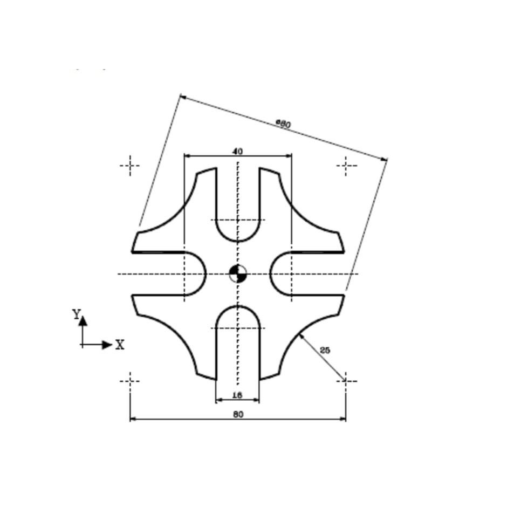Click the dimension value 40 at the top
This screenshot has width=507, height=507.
[237, 152]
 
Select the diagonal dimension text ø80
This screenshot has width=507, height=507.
[284, 124]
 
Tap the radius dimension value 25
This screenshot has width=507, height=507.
[325, 350]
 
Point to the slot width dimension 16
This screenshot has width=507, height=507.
[237, 395]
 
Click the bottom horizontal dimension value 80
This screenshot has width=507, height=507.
[237, 414]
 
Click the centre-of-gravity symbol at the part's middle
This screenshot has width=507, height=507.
[237, 273]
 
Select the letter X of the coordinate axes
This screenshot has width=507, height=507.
[120, 345]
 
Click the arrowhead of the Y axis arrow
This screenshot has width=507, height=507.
[83, 320]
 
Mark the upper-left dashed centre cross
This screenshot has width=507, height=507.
[129, 166]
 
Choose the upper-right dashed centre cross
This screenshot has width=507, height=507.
[346, 166]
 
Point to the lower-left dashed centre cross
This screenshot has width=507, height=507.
[129, 381]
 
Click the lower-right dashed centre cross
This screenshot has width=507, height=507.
[345, 381]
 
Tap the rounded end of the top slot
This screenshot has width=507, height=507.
[237, 241]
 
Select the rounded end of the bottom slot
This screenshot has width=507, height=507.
[237, 306]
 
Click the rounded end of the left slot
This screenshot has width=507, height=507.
[205, 273]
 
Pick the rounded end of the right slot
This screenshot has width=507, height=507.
[270, 273]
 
